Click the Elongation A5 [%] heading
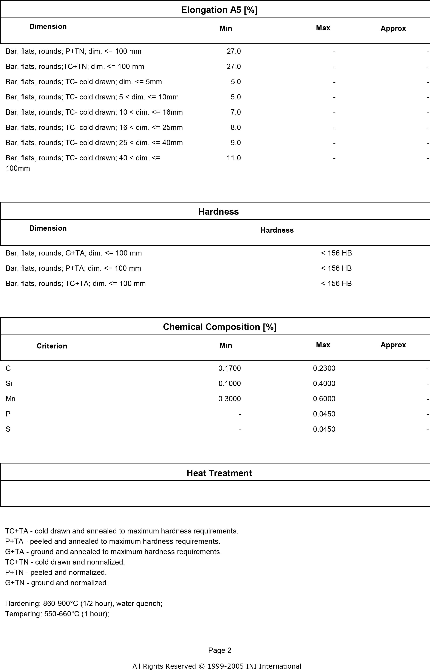(219, 10)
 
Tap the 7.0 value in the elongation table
(235, 112)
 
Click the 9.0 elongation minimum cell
(235, 143)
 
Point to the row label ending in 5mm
(84, 82)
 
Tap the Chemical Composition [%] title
(219, 327)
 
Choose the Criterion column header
(52, 346)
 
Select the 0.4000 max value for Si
(324, 384)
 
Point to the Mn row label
(11, 399)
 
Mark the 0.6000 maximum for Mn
(324, 399)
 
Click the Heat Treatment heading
(219, 473)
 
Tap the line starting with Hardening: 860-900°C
(84, 604)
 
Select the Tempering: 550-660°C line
(57, 614)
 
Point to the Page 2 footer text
(220, 650)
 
